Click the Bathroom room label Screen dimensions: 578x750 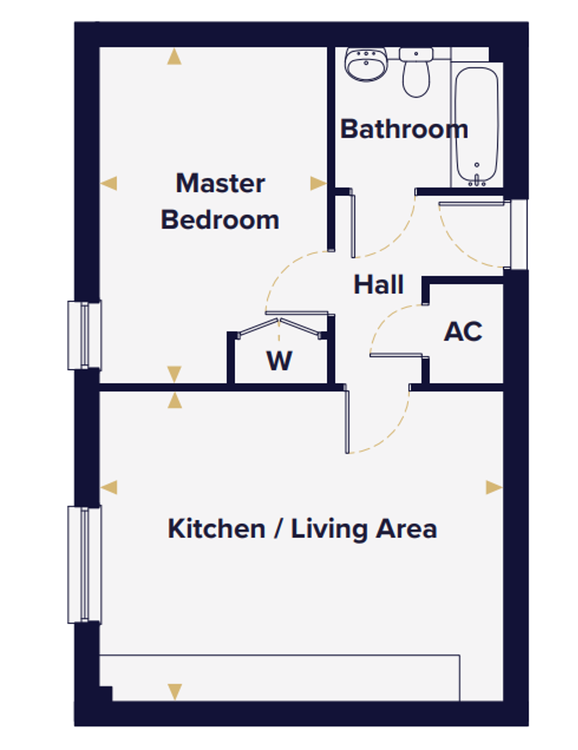click(404, 129)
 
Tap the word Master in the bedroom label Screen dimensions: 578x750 click(220, 183)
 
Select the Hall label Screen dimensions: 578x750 click(379, 284)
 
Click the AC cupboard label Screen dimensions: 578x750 click(463, 331)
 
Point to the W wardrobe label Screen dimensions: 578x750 click(279, 361)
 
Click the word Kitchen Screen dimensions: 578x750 click(216, 529)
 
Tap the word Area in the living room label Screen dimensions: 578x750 click(407, 529)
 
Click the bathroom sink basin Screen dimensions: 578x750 click(366, 65)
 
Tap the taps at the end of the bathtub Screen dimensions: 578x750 click(477, 180)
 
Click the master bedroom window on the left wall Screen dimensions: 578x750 click(84, 336)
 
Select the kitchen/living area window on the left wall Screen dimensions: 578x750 click(84, 565)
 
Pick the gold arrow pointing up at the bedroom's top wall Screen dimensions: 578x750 click(174, 56)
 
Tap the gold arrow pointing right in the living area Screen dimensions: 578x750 click(494, 488)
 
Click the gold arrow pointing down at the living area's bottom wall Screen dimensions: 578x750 click(175, 692)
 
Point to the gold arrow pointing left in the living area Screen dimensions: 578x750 click(109, 487)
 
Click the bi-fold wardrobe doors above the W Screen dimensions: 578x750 click(279, 326)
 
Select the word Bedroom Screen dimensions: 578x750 click(220, 220)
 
